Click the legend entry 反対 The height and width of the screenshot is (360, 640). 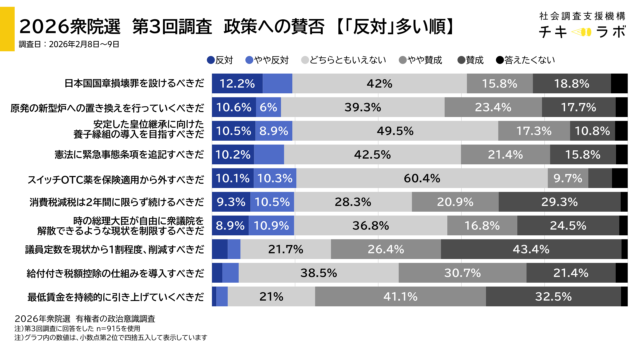tap(220, 60)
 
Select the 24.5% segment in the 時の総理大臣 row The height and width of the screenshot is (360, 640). tap(567, 225)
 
